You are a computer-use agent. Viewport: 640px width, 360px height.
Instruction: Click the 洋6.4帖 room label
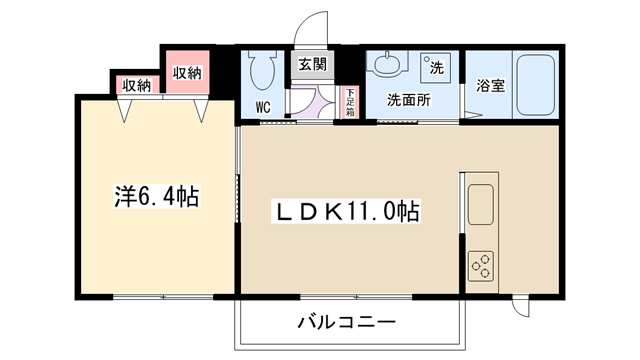[157, 197]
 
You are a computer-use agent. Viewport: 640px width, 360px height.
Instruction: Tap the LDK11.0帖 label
[346, 211]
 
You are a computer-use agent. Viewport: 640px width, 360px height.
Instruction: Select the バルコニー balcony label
[346, 322]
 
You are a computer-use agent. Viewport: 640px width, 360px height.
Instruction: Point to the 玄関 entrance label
[312, 64]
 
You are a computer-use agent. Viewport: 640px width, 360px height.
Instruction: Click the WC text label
[263, 107]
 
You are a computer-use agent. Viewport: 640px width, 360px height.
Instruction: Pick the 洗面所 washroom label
[409, 100]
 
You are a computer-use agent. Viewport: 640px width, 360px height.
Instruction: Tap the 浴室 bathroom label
[491, 85]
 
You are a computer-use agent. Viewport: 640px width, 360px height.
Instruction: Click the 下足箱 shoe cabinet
[350, 102]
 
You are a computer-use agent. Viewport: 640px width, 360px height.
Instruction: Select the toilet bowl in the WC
[262, 70]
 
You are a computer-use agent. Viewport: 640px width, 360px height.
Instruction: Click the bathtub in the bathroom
[536, 85]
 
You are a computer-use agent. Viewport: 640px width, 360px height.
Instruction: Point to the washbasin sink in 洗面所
[386, 63]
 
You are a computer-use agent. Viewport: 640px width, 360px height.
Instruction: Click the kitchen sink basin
[480, 204]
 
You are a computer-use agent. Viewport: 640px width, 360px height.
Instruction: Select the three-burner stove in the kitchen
[480, 266]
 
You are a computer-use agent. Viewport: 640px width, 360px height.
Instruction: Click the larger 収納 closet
[187, 72]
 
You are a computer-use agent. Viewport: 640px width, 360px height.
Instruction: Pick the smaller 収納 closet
[137, 84]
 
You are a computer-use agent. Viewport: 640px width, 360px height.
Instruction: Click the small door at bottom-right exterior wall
[521, 306]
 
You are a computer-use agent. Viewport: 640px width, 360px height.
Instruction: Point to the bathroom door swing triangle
[473, 114]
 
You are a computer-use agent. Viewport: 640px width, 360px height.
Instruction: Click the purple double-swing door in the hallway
[312, 102]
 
